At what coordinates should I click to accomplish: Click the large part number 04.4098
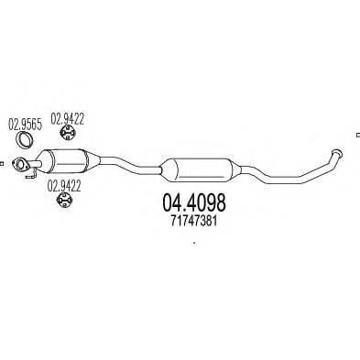click(x=194, y=202)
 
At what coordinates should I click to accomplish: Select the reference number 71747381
click(x=194, y=221)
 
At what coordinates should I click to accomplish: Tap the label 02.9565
click(x=25, y=125)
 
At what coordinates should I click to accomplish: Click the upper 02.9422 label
click(x=67, y=119)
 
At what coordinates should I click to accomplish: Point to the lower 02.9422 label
click(x=64, y=186)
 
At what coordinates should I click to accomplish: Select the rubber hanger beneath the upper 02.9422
click(x=68, y=132)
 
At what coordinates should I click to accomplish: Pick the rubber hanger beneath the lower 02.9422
click(x=64, y=200)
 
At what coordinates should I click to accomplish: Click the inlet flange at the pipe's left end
click(x=20, y=164)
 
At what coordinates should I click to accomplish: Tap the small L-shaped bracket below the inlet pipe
click(x=31, y=175)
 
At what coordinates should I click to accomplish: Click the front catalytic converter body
click(x=68, y=161)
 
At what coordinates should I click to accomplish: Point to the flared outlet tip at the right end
click(x=336, y=153)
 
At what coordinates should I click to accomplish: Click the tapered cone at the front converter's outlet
click(x=93, y=160)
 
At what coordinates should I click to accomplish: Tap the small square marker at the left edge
click(x=1, y=164)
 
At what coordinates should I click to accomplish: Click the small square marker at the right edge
click(x=358, y=135)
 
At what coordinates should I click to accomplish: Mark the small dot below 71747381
click(x=194, y=243)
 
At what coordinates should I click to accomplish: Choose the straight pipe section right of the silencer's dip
click(x=284, y=180)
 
